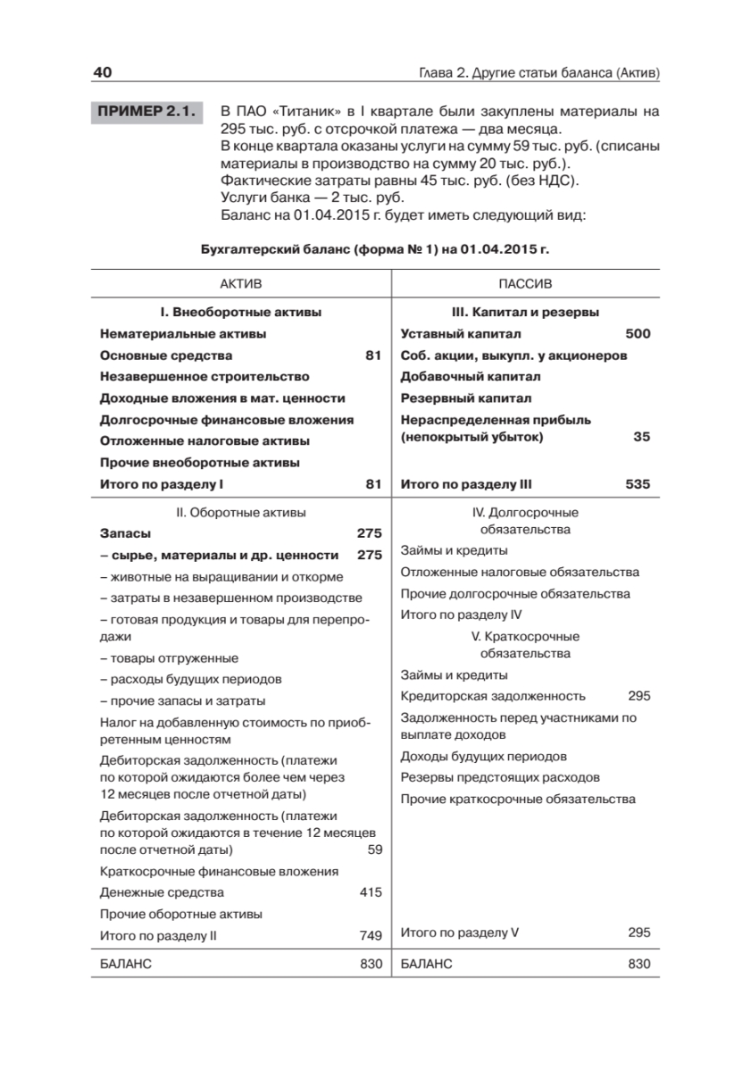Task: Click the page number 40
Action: point(101,71)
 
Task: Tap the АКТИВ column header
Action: point(241,283)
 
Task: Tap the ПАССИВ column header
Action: point(525,283)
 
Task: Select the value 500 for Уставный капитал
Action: point(638,334)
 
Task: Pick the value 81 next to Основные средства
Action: point(373,356)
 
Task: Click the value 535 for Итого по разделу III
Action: point(638,484)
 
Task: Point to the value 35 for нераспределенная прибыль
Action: point(641,437)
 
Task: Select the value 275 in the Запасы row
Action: point(369,532)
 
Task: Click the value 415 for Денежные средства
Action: point(371,892)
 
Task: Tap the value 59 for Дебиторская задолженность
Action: point(375,849)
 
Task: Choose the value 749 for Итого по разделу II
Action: point(371,935)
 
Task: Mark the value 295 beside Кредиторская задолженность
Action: point(639,696)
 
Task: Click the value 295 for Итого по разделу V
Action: point(639,932)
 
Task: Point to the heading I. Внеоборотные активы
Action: point(240,313)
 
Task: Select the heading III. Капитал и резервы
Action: point(525,313)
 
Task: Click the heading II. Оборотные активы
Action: point(240,513)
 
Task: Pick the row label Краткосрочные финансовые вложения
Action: point(219,871)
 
